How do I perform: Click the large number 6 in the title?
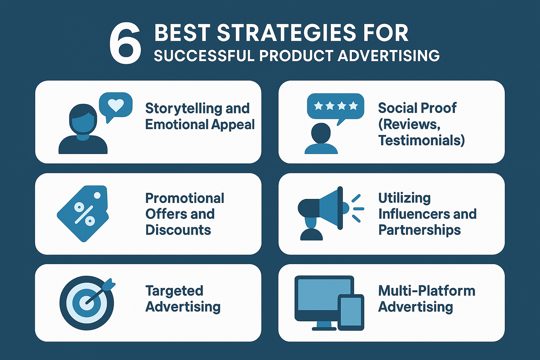[125, 44]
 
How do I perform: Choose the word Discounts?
[178, 230]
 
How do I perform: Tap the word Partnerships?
[419, 230]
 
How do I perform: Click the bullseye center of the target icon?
[86, 303]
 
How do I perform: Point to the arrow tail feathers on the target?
[109, 284]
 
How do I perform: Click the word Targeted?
[174, 291]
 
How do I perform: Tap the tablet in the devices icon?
[351, 312]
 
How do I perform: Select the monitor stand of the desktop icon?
[324, 326]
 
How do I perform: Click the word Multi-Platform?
[427, 291]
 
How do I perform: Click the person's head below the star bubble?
[320, 133]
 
